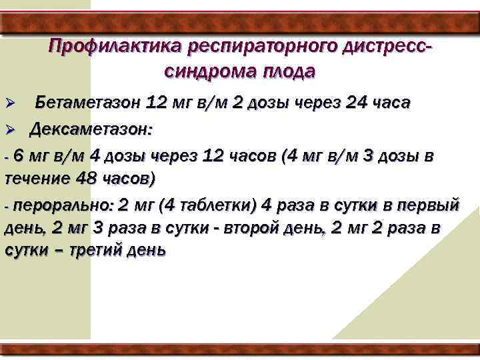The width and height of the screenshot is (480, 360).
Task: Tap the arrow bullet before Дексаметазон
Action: click(x=10, y=129)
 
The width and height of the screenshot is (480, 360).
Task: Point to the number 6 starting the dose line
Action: click(x=18, y=156)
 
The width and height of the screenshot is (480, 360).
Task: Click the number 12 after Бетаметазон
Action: click(x=157, y=103)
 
